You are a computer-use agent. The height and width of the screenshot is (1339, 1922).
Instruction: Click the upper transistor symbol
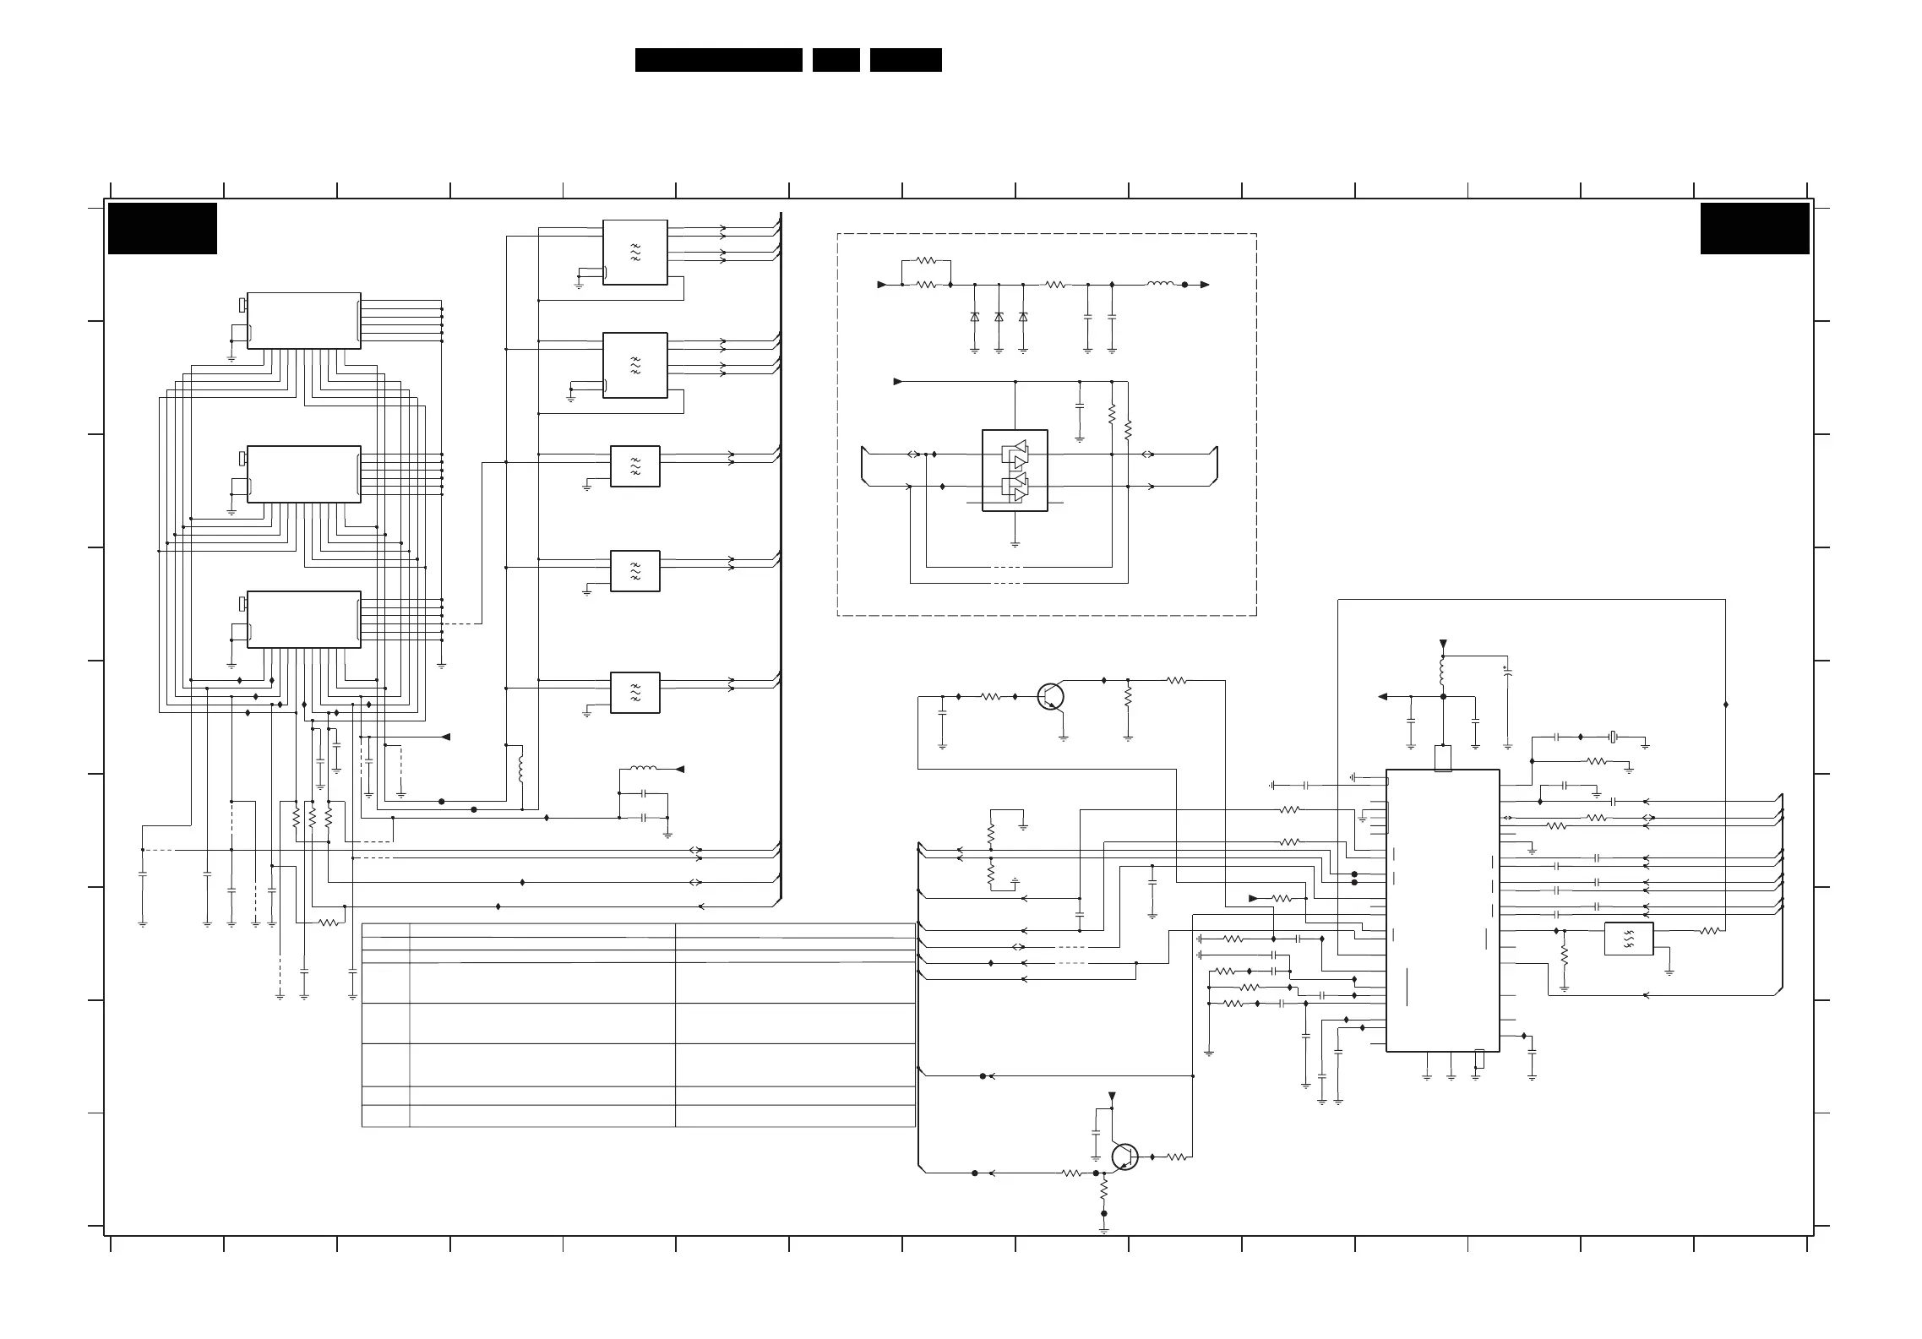pyautogui.click(x=1050, y=697)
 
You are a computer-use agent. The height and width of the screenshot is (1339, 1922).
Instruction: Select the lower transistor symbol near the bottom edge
pyautogui.click(x=1125, y=1157)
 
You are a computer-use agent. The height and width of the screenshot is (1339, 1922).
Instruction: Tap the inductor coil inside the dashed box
pyautogui.click(x=1160, y=285)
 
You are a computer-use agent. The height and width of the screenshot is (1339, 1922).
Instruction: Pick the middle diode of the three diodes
pyautogui.click(x=999, y=317)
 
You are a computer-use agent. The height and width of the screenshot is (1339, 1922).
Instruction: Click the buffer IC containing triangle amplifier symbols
pyautogui.click(x=1015, y=471)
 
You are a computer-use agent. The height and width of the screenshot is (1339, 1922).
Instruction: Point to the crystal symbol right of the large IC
pyautogui.click(x=1613, y=738)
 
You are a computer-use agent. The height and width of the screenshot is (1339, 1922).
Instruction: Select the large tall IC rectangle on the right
pyautogui.click(x=1442, y=910)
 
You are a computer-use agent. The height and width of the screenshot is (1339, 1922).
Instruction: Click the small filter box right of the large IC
pyautogui.click(x=1628, y=939)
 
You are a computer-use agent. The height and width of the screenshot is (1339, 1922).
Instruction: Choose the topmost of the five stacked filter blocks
pyautogui.click(x=634, y=252)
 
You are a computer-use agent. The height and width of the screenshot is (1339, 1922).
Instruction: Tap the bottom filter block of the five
pyautogui.click(x=634, y=693)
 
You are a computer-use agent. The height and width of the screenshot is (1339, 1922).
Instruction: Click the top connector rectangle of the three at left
pyautogui.click(x=303, y=320)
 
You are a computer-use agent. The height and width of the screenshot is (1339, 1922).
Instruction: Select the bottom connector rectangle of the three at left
pyautogui.click(x=303, y=619)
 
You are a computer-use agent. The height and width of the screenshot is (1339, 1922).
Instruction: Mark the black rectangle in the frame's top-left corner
pyautogui.click(x=162, y=228)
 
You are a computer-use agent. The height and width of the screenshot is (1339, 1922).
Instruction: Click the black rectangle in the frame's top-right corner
pyautogui.click(x=1755, y=228)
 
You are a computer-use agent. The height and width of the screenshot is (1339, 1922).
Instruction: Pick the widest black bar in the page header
pyautogui.click(x=718, y=60)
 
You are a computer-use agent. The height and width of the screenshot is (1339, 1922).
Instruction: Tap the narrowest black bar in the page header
pyautogui.click(x=836, y=60)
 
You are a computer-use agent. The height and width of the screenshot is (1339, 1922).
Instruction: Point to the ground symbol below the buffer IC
pyautogui.click(x=1015, y=543)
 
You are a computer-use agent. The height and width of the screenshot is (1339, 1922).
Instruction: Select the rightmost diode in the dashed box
pyautogui.click(x=1023, y=317)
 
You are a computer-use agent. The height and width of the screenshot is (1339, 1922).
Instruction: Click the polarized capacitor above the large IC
pyautogui.click(x=1507, y=672)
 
